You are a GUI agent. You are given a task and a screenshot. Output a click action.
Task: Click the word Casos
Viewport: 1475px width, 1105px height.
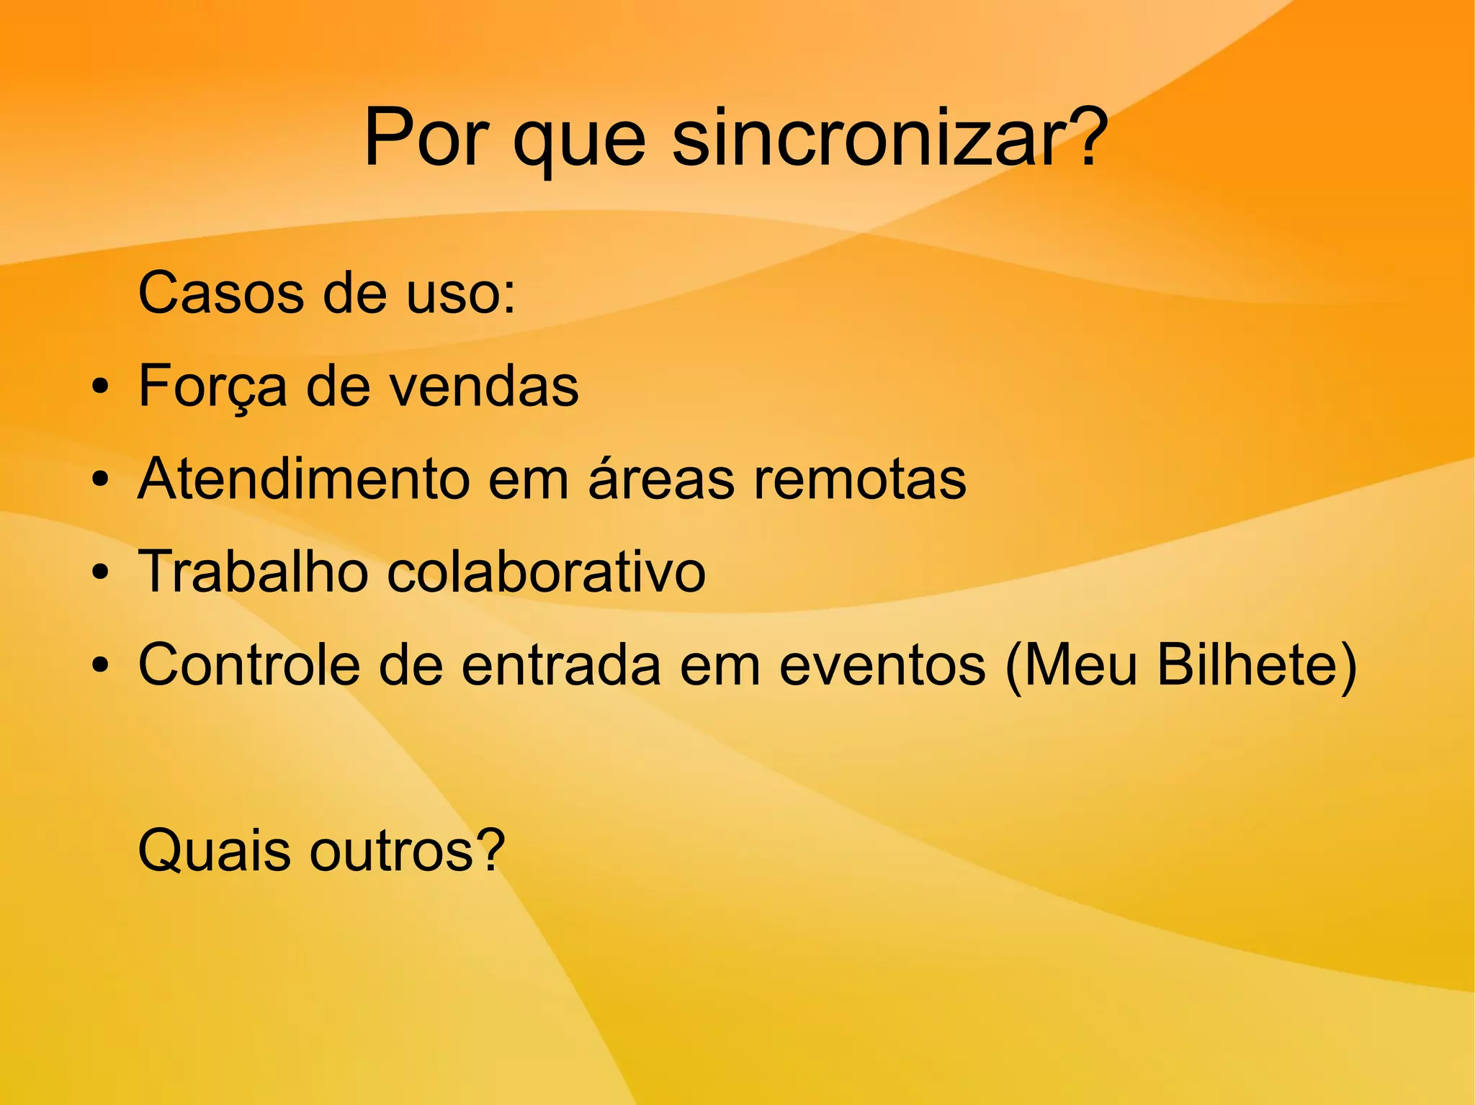(221, 293)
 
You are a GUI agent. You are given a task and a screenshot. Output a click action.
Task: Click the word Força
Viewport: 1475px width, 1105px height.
(212, 387)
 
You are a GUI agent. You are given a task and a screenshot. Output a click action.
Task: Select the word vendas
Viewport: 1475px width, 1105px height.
(484, 387)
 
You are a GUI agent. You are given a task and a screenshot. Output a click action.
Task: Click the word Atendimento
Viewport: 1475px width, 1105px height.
(303, 479)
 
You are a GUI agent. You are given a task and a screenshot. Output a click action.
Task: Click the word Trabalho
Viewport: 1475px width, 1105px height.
(253, 572)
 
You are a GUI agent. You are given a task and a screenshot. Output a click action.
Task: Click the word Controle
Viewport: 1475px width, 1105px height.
(248, 664)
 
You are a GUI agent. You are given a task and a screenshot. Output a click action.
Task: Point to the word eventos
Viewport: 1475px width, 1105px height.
(882, 666)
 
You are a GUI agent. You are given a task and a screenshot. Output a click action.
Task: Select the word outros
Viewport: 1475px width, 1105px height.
(406, 851)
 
